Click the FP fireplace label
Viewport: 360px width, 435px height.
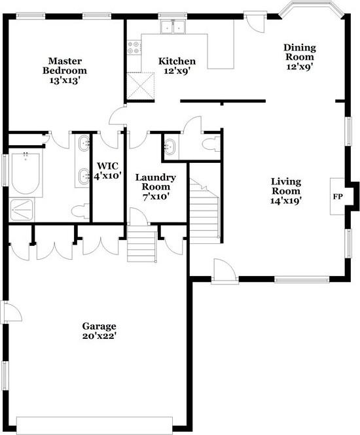pos(338,196)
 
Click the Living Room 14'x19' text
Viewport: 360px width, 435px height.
pos(287,191)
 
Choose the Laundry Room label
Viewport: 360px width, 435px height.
pos(155,187)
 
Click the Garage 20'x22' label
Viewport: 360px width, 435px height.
pos(99,332)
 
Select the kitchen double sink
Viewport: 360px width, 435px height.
pos(174,27)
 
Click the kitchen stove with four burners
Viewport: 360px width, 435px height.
pos(134,47)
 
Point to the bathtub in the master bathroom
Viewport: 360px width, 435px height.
pos(26,174)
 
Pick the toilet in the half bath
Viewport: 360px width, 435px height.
pos(211,145)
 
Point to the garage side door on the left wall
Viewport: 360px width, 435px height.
pos(10,313)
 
